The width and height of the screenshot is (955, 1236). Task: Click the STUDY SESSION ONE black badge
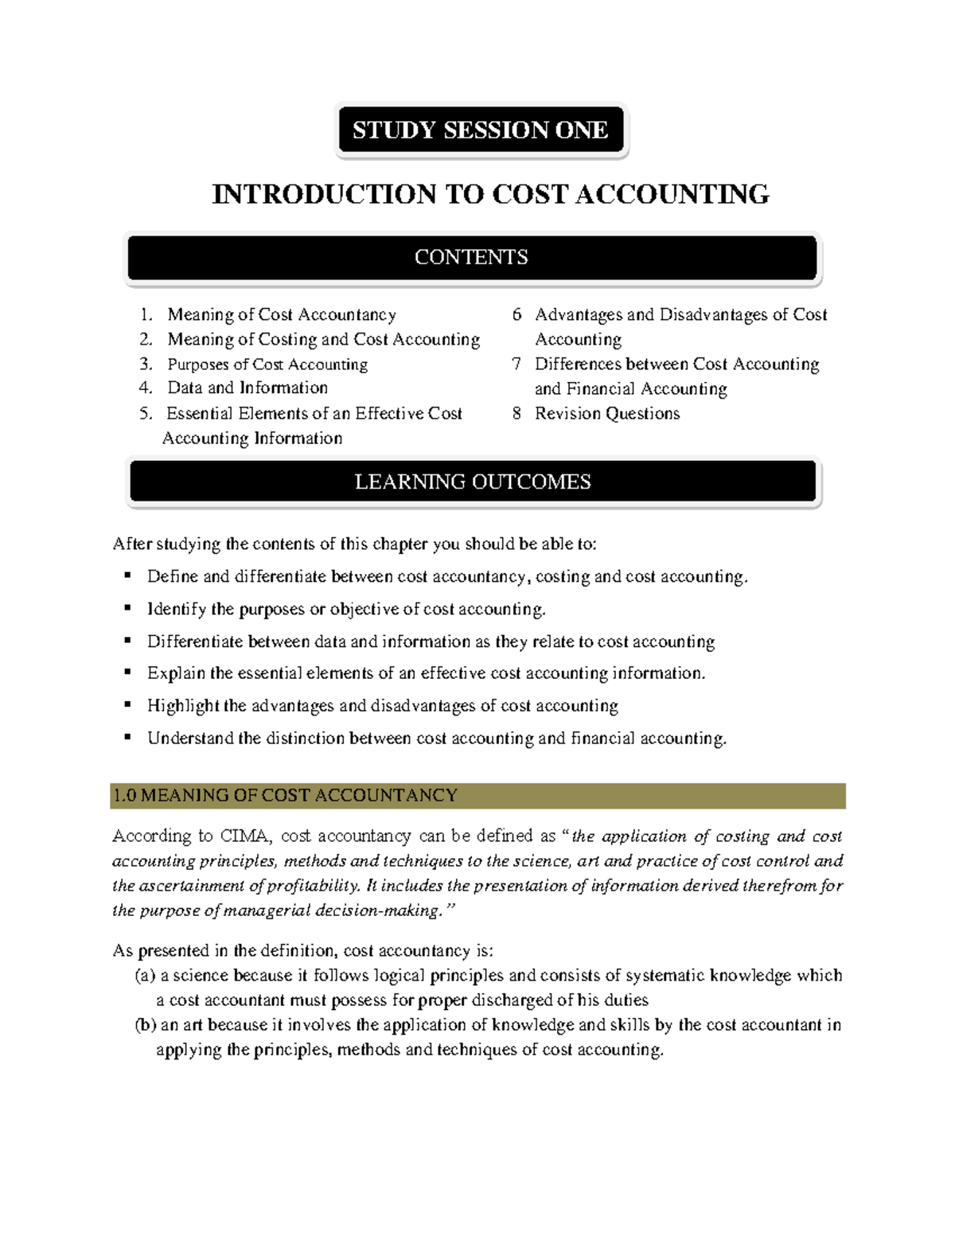click(481, 130)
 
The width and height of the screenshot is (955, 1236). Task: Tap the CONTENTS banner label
click(471, 257)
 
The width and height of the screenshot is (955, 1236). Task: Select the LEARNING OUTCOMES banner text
click(473, 482)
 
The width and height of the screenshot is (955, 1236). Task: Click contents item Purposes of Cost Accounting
click(267, 365)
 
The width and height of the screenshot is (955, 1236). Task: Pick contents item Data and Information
click(248, 388)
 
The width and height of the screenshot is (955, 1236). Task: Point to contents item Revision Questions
click(607, 414)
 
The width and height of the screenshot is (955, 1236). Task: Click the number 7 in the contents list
click(516, 364)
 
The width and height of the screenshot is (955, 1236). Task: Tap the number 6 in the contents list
click(516, 314)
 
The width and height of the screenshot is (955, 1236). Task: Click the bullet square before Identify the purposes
click(127, 607)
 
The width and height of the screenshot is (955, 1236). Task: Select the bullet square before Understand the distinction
click(127, 737)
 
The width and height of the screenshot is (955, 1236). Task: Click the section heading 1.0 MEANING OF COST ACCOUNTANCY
click(285, 795)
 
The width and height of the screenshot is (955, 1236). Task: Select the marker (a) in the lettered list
click(145, 976)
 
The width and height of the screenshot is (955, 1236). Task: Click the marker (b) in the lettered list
click(145, 1025)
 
